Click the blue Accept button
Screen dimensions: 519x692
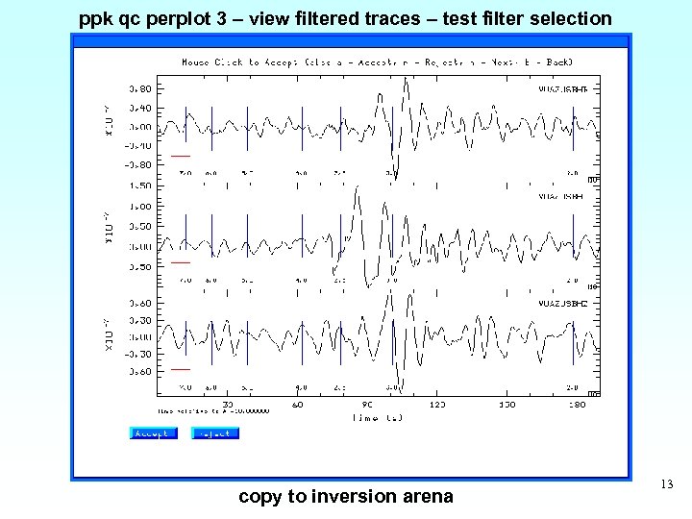(154, 433)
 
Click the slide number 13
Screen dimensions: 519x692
(668, 486)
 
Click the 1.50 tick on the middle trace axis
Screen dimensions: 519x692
(139, 185)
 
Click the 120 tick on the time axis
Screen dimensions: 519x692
(437, 405)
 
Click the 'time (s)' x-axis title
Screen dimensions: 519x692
(377, 417)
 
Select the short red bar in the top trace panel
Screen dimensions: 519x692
(181, 156)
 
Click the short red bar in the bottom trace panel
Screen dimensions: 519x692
(181, 369)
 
